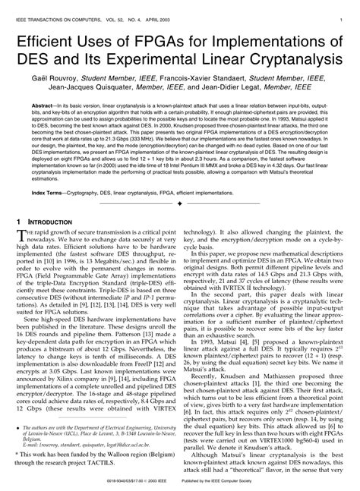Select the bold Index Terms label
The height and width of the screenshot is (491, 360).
pyautogui.click(x=49, y=194)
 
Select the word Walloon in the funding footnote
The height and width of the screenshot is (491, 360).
pyautogui.click(x=115, y=452)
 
